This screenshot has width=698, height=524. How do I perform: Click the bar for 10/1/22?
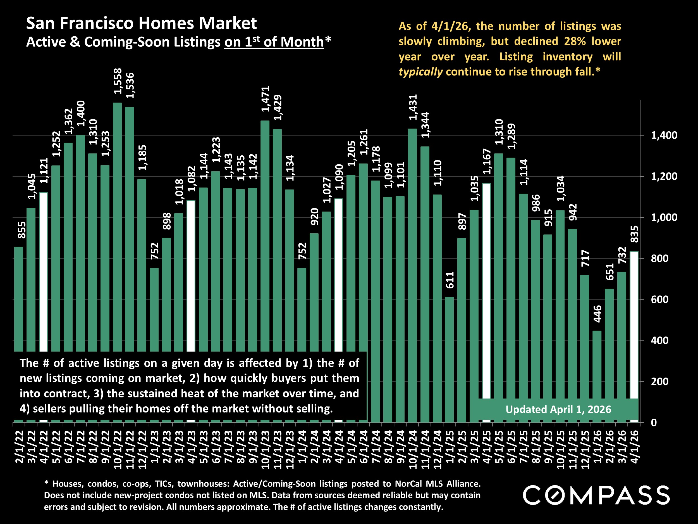pyautogui.click(x=117, y=227)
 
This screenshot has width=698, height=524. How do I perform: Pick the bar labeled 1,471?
pyautogui.click(x=265, y=236)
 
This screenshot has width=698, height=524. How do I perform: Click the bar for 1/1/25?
pyautogui.click(x=449, y=359)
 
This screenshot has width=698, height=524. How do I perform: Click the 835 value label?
pyautogui.click(x=634, y=234)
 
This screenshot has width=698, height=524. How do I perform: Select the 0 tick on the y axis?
pyautogui.click(x=654, y=423)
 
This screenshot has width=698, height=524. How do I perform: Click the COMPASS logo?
pyautogui.click(x=596, y=495)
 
